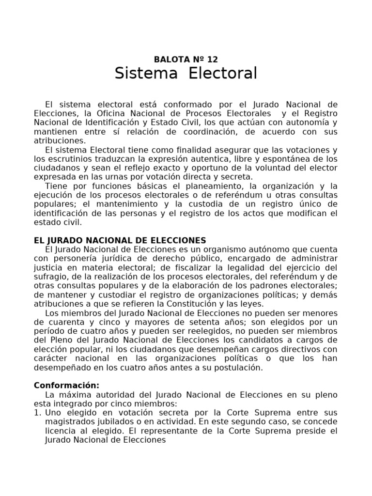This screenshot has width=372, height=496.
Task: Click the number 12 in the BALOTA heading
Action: (212, 60)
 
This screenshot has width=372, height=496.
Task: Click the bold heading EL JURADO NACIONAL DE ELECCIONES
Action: (120, 240)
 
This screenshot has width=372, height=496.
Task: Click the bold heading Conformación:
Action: (67, 386)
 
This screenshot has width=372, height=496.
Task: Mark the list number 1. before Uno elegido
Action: (37, 413)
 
